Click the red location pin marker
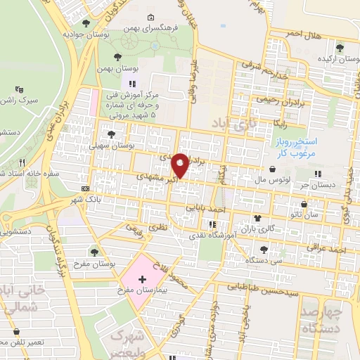(181, 165)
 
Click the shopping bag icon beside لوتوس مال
(273, 169)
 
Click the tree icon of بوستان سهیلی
(110, 134)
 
